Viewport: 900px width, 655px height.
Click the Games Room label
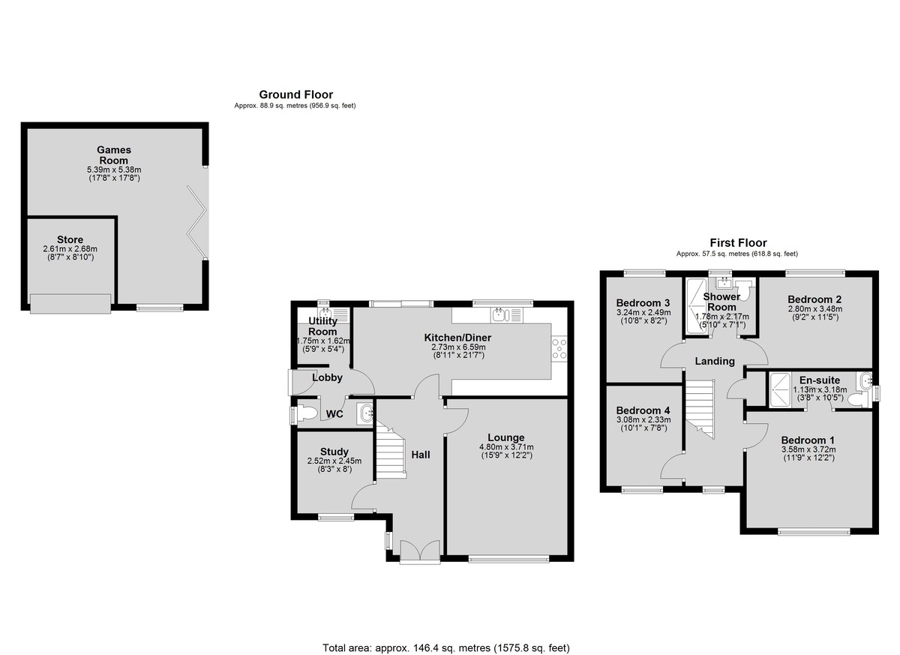tap(114, 155)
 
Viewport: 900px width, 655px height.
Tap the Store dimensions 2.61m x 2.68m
tap(70, 249)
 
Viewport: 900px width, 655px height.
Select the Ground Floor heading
tap(295, 95)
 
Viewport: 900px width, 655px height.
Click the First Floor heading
tap(738, 242)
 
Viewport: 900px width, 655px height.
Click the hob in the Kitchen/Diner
tap(559, 348)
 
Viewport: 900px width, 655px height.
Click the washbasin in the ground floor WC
tap(366, 413)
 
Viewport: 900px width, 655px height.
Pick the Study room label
tap(334, 452)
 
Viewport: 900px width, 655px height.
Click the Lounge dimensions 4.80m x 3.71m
tap(505, 447)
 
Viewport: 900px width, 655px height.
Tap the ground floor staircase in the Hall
tap(391, 449)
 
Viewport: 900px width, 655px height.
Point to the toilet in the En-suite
tap(858, 399)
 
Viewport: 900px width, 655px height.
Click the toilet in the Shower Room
tap(745, 290)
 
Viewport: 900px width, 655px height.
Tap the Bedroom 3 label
tap(643, 303)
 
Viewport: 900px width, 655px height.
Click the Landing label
tap(714, 361)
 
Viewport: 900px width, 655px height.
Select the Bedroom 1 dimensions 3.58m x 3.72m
tap(808, 449)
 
